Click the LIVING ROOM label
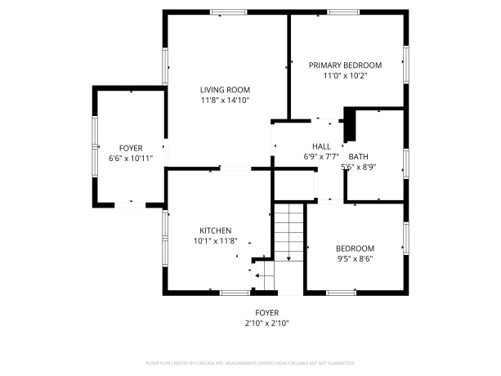[x=225, y=90]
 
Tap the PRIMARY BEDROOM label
[x=344, y=65]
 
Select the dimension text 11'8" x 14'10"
[x=225, y=101]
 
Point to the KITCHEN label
[x=215, y=231]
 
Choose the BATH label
[x=358, y=156]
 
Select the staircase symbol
[x=288, y=232]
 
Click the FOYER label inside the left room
[x=130, y=148]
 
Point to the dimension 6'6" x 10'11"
[x=130, y=159]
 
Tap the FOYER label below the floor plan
[x=266, y=312]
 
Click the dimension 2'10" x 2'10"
[x=266, y=323]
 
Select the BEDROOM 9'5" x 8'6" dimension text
[x=355, y=259]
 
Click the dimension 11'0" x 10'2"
[x=344, y=76]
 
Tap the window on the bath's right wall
[x=405, y=159]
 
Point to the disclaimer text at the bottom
[x=250, y=361]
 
